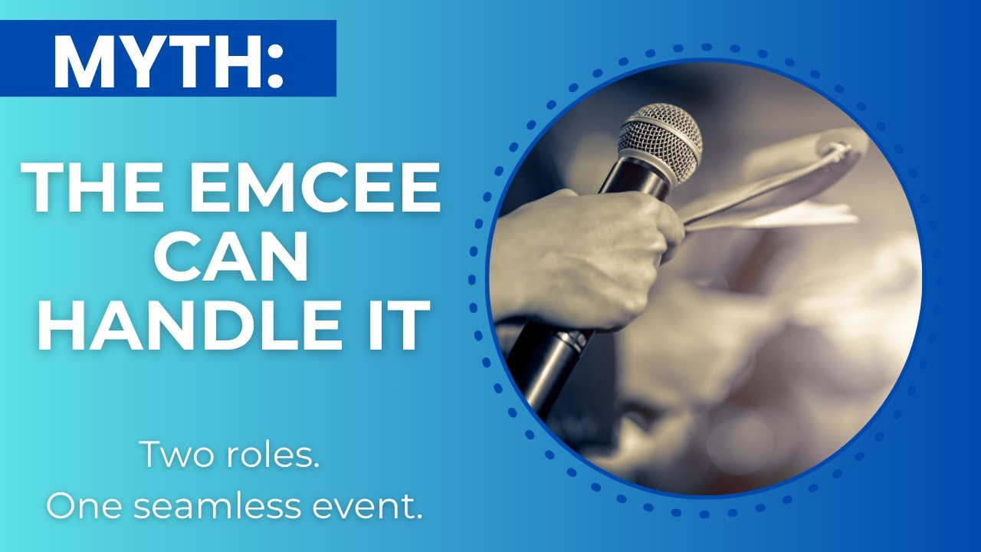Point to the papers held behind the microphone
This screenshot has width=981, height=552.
coord(774,192)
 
